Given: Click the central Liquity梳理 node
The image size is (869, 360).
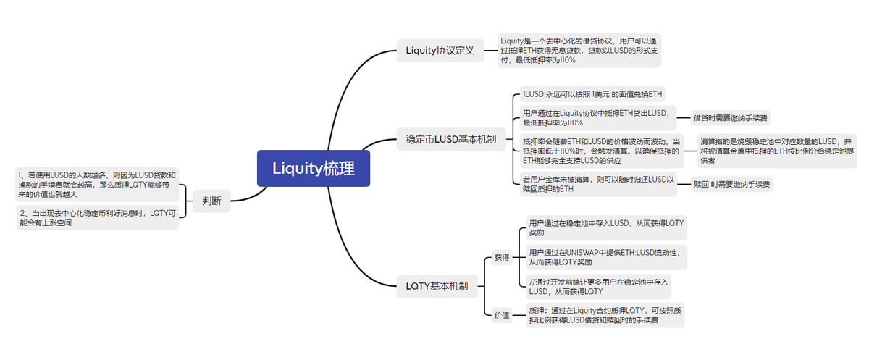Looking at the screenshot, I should click(313, 169).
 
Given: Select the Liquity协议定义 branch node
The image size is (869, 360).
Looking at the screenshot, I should click(440, 51).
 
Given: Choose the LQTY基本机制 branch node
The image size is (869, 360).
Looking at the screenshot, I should click(436, 286).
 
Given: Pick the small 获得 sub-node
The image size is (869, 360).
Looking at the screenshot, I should click(502, 257).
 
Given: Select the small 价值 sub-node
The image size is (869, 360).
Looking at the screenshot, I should click(502, 315).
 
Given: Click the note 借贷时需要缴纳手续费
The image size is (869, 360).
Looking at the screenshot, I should click(730, 117).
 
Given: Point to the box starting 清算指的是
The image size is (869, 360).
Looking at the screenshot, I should click(776, 151).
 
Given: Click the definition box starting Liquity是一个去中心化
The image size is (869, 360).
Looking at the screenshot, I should click(579, 51).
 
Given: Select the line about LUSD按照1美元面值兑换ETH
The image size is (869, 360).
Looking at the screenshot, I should click(592, 95).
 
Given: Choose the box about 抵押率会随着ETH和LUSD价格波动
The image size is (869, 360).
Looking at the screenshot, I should click(600, 151).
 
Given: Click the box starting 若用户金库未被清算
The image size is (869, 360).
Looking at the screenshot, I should click(598, 184).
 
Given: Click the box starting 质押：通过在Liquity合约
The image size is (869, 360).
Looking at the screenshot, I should click(604, 315).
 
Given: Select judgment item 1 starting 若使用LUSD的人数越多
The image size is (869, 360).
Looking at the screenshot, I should click(97, 184).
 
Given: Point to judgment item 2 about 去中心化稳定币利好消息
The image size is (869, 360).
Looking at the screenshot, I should click(97, 217).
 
